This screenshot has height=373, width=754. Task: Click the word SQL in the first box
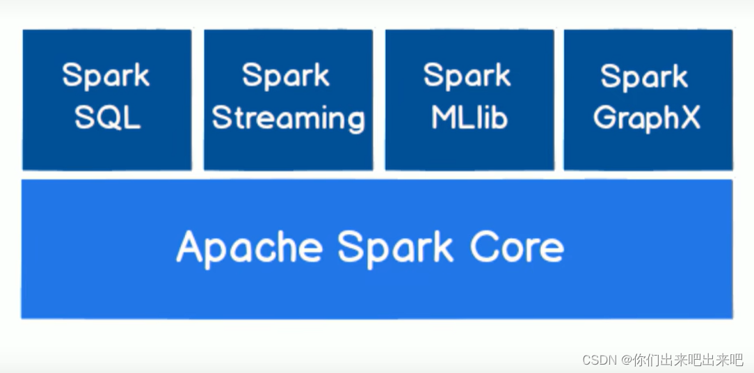pos(107,118)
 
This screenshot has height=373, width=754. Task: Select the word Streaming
pos(288,118)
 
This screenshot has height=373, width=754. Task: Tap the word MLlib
pos(469,118)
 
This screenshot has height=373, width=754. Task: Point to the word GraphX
pos(646,119)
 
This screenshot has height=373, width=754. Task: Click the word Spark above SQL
pos(106,76)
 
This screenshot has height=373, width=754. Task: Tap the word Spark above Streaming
pos(286,76)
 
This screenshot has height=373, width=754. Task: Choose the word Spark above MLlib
pos(467,76)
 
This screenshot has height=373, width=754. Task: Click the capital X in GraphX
pos(689,118)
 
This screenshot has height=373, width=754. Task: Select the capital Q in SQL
pos(109,118)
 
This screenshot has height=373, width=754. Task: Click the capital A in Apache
pos(191,247)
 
